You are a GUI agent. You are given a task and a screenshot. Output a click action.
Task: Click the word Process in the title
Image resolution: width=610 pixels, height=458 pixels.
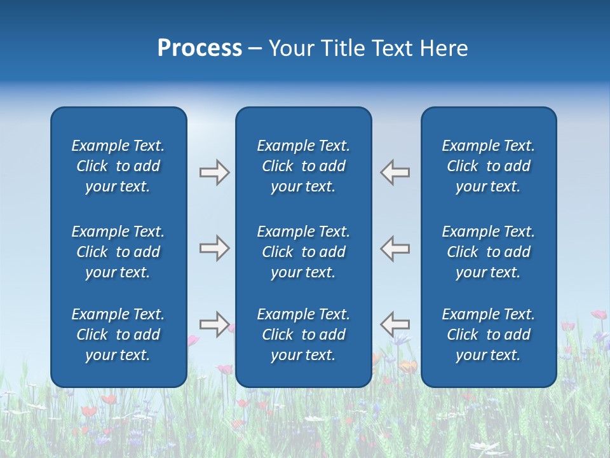point(200,48)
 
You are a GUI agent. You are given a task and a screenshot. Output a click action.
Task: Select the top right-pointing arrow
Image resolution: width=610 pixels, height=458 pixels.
point(214,172)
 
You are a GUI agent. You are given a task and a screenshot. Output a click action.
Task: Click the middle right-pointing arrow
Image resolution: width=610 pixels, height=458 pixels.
point(214,248)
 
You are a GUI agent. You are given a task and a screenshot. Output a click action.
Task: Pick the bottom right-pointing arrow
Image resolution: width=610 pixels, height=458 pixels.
point(214,324)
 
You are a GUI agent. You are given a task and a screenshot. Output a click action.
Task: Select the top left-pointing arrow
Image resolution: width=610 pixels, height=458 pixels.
point(395,172)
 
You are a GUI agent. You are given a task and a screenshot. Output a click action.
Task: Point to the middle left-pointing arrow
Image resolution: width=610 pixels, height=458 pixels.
point(395,248)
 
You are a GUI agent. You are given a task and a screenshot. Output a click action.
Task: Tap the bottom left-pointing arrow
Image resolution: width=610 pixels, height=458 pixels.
point(395,324)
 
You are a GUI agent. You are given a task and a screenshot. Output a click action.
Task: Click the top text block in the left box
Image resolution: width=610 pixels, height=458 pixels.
point(118,166)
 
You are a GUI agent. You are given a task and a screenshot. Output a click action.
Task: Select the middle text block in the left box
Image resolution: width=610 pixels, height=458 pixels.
point(118,252)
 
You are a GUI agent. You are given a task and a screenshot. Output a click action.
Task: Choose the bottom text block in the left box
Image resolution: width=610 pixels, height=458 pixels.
point(118,335)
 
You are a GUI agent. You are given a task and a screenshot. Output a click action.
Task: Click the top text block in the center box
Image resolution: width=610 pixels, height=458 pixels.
point(304,166)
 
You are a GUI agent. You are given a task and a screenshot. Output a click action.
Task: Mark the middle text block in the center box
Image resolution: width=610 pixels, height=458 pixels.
point(304,252)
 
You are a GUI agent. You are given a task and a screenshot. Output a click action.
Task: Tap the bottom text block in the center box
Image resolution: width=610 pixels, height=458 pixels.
point(304,335)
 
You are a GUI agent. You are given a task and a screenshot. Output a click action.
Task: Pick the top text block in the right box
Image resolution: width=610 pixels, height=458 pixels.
point(489,166)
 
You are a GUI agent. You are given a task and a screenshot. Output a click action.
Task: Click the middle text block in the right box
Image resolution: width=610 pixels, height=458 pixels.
point(489,252)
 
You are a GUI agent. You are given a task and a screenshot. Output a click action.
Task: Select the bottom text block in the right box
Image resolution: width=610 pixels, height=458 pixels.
point(489,335)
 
